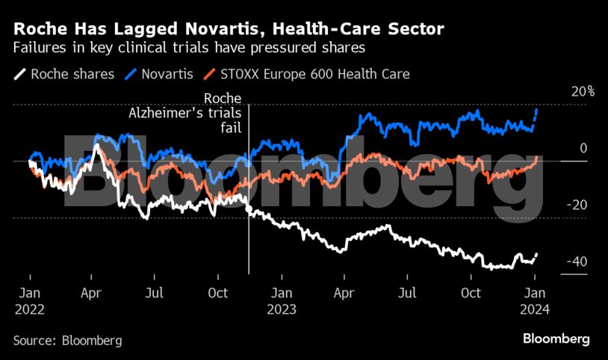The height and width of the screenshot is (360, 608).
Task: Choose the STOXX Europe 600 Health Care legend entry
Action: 317,74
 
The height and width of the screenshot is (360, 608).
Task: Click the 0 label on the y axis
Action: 583,149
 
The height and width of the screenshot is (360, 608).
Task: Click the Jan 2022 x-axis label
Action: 29,300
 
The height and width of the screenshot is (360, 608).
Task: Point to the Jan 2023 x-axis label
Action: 281,300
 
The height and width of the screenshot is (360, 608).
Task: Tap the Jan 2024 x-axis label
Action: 535,300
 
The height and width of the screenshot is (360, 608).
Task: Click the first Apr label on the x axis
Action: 91,293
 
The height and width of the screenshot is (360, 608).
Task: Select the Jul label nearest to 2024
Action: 407,293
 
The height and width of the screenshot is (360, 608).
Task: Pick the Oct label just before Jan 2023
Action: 218,293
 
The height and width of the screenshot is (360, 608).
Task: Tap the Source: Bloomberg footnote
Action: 67,340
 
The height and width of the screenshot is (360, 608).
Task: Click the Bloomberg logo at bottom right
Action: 556,339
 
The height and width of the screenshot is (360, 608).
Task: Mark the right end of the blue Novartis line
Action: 537,109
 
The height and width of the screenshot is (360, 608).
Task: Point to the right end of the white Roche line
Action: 537,254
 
